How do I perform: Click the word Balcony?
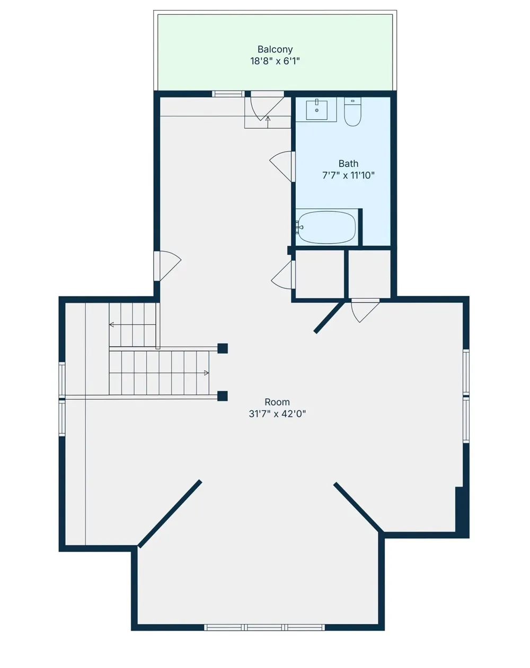point(275,50)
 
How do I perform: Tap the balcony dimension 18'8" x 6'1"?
point(275,61)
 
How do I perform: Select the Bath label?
point(348,164)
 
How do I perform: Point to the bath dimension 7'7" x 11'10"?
point(348,175)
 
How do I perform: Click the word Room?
point(277,402)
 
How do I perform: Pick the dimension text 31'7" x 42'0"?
point(277,414)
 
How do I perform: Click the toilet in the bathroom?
point(352,112)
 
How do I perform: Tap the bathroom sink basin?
point(316,110)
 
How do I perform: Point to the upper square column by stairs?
point(223,348)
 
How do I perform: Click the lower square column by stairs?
point(223,396)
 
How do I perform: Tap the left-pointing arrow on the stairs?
point(111,325)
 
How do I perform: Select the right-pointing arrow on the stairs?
point(206,373)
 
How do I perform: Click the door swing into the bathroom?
point(282,166)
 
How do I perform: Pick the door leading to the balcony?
point(267,106)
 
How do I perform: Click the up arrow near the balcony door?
point(268,122)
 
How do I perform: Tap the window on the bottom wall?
point(264,627)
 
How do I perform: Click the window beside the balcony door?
point(228,94)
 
